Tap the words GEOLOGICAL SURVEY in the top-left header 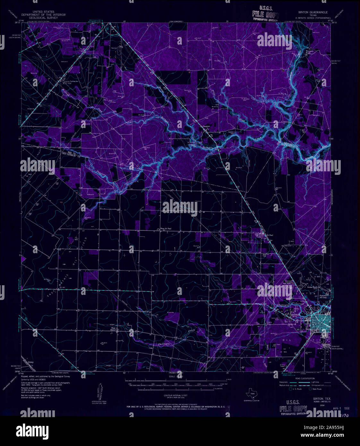pos(43,18)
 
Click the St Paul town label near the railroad pos(270,235)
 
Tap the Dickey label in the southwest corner pos(31,362)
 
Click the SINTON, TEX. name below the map pos(317,398)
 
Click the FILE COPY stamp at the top pos(265,14)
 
